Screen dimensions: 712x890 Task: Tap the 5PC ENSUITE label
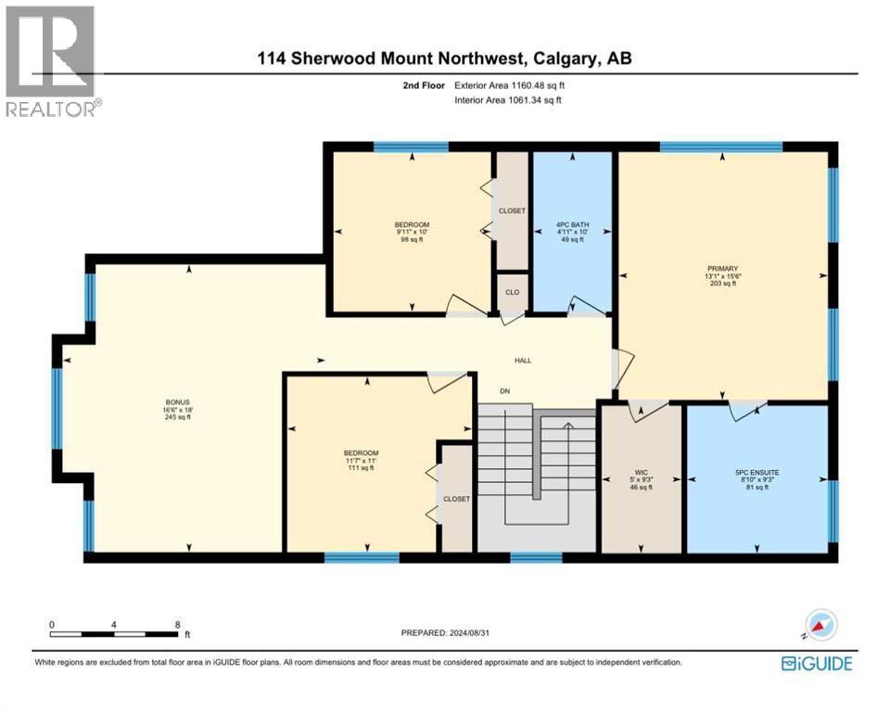tap(756, 472)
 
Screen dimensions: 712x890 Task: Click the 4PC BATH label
tap(572, 224)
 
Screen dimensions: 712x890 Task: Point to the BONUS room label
tap(172, 401)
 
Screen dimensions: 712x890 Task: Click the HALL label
tap(524, 361)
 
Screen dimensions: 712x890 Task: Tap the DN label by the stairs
tap(505, 391)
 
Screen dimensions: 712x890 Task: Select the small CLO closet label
tap(512, 290)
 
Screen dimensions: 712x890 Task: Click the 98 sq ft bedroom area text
tap(412, 240)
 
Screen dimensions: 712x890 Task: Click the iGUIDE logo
tap(817, 664)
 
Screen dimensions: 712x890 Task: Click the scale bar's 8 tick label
tap(176, 624)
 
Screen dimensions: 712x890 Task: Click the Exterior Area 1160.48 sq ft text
tap(508, 86)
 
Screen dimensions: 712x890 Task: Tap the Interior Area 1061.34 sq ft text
tap(508, 99)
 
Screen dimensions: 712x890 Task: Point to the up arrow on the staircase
tap(568, 425)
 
